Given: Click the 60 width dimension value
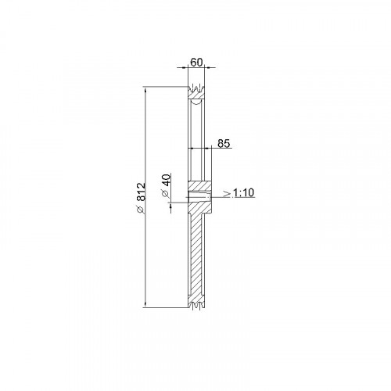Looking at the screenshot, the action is (196, 63).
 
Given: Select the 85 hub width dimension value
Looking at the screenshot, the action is (224, 144).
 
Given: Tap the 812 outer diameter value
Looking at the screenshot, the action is (141, 192).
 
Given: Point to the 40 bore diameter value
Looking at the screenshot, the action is (167, 180).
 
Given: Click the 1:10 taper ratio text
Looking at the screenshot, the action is (243, 193).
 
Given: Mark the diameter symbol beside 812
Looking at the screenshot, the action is (141, 209).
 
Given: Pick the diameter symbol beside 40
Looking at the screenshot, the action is (166, 193).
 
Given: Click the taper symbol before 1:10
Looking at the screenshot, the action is (228, 193).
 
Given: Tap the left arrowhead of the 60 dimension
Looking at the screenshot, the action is (185, 68).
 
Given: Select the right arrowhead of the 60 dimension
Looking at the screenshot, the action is (208, 68).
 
